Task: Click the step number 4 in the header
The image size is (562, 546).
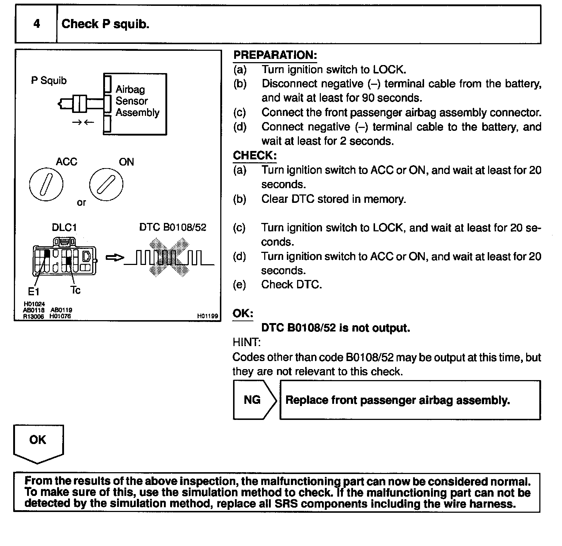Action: click(x=37, y=24)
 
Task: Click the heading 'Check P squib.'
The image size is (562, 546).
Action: click(x=105, y=24)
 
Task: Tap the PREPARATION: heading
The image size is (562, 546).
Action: click(x=275, y=55)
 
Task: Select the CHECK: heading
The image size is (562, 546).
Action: click(x=255, y=155)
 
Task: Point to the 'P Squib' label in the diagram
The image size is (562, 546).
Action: click(x=49, y=80)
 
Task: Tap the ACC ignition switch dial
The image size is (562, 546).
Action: click(x=46, y=184)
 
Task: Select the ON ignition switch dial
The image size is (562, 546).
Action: click(x=106, y=184)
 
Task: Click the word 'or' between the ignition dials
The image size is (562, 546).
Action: click(x=81, y=202)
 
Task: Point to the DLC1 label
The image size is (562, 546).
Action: click(x=64, y=227)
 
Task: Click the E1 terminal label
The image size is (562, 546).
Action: click(x=34, y=291)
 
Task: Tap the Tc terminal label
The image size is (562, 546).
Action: click(x=75, y=290)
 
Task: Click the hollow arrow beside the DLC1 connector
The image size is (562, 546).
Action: click(x=115, y=258)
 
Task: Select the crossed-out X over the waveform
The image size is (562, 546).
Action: click(x=169, y=257)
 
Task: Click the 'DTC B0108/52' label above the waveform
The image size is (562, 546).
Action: click(x=173, y=227)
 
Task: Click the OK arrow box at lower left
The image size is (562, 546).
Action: click(x=38, y=442)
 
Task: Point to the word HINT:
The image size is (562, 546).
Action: click(x=247, y=342)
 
